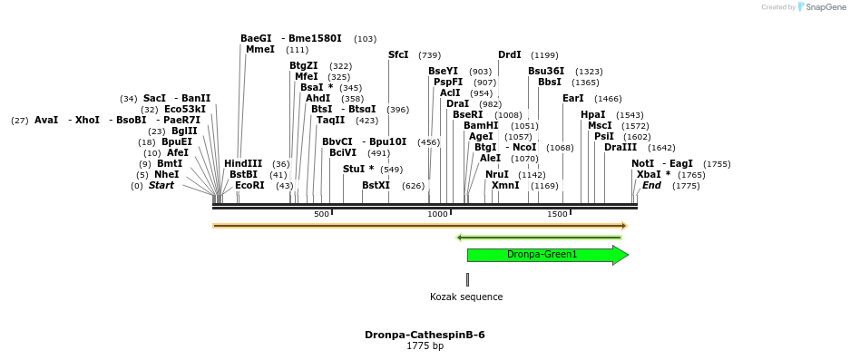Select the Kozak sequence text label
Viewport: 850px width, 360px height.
(x=466, y=297)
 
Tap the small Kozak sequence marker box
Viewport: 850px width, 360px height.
(x=467, y=279)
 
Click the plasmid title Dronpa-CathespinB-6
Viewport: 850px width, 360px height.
(x=425, y=335)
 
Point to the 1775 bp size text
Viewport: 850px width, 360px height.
(x=425, y=346)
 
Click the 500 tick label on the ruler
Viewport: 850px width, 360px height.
(x=321, y=214)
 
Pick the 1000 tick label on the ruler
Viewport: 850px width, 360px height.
(x=438, y=214)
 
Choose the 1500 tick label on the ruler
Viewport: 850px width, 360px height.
(x=557, y=214)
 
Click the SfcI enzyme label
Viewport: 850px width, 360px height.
(x=398, y=55)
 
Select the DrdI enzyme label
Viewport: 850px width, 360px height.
(x=509, y=55)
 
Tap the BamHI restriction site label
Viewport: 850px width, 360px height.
(x=481, y=126)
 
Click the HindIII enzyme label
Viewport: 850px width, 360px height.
(x=243, y=164)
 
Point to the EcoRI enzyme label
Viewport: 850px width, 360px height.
(x=249, y=186)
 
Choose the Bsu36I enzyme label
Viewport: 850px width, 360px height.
(x=546, y=72)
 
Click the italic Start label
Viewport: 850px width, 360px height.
(x=161, y=186)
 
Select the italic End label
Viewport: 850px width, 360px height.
(x=651, y=186)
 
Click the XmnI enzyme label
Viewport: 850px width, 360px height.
(x=505, y=186)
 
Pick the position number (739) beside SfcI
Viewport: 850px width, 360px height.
(x=429, y=56)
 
